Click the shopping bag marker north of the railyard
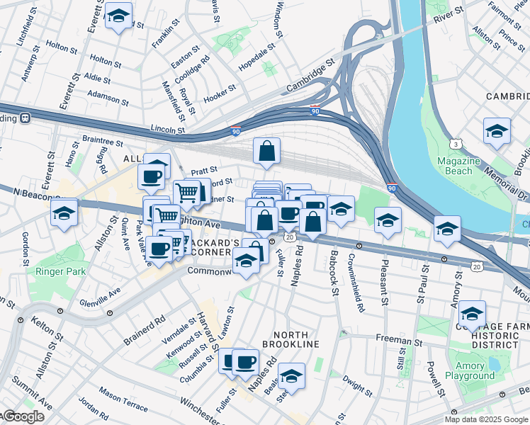pos(266,152)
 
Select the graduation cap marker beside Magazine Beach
pos(497,131)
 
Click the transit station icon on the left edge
pos(25,118)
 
